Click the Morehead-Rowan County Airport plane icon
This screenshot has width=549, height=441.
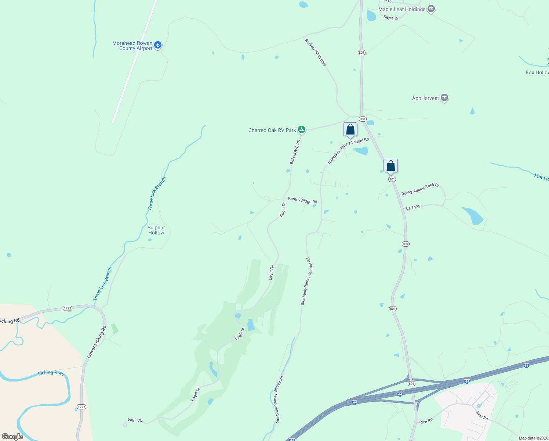(158, 45)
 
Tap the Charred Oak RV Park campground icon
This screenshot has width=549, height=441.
(301, 129)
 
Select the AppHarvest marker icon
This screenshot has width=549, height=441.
(444, 98)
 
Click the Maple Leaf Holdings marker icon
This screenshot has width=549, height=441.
(431, 9)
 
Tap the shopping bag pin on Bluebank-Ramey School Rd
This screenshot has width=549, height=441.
(350, 130)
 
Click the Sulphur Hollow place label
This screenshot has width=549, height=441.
(156, 230)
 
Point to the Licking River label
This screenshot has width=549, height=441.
(51, 373)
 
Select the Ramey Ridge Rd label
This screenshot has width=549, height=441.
(302, 200)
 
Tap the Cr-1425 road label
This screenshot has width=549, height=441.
(413, 208)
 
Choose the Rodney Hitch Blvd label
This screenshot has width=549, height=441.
(316, 53)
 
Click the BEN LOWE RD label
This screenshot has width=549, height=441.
(295, 152)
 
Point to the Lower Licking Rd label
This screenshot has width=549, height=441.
(97, 342)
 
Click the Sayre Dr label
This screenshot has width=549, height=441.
(391, 18)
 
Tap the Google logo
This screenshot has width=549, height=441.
(12, 436)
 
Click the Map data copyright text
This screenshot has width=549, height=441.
(533, 438)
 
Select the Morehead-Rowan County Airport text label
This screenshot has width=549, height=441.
(132, 46)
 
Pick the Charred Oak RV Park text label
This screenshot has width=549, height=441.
(272, 130)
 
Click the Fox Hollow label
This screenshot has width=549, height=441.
(537, 72)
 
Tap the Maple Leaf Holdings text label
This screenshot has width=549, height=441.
(402, 9)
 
